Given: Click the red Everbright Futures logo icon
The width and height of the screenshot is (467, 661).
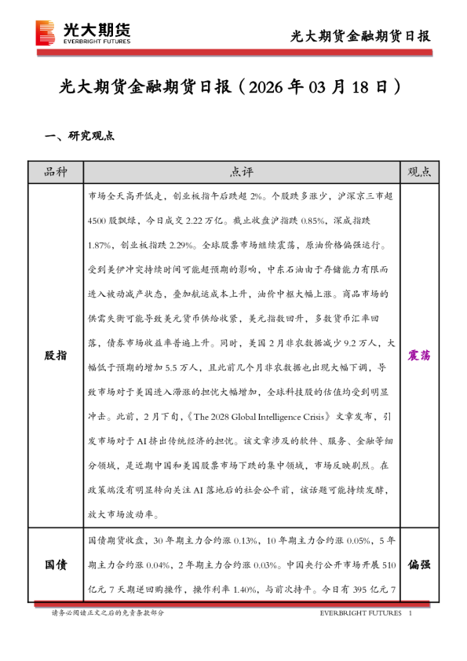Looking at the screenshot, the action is pos(46,33).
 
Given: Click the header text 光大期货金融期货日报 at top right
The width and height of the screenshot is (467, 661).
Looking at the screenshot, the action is pos(360,35).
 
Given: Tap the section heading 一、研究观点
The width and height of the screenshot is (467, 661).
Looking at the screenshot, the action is pos(79,136).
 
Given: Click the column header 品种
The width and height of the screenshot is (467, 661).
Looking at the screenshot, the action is pos(55,172).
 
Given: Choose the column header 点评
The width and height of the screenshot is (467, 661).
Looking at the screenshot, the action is pos(242,172).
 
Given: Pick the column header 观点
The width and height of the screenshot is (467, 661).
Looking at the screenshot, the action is pos(419,172).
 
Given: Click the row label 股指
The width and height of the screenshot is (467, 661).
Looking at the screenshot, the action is pos(55,356).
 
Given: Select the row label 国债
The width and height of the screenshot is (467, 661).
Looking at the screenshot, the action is pos(55,564).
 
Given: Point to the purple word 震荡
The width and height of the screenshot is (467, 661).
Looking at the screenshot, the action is pos(419,356).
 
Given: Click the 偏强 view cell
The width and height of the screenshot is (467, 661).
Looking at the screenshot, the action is pos(419,564).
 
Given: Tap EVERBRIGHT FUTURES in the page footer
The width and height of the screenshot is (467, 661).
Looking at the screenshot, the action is pos(360,612).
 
